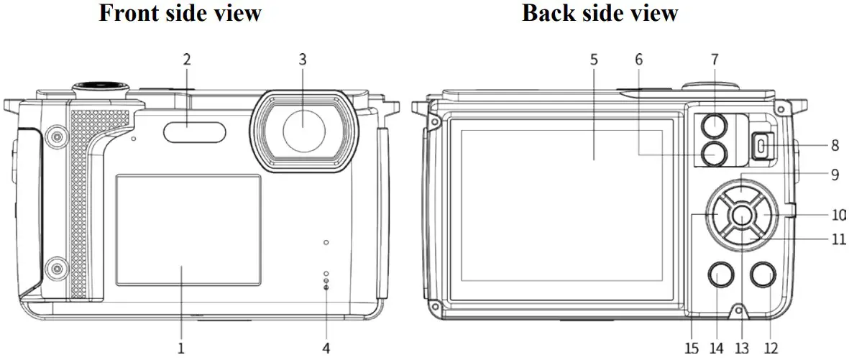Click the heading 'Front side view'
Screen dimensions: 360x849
pyautogui.click(x=180, y=13)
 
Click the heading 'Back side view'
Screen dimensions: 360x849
pyautogui.click(x=600, y=13)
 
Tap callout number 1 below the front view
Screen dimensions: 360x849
pyautogui.click(x=181, y=349)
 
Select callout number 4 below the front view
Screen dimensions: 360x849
pyautogui.click(x=326, y=349)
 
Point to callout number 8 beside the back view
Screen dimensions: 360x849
pyautogui.click(x=835, y=146)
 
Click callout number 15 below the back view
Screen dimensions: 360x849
pyautogui.click(x=692, y=349)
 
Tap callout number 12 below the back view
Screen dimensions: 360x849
pyautogui.click(x=771, y=349)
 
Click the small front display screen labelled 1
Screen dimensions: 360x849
pyautogui.click(x=188, y=229)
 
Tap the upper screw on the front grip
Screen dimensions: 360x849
pyautogui.click(x=55, y=135)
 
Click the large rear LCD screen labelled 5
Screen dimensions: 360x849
pyautogui.click(x=561, y=206)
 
